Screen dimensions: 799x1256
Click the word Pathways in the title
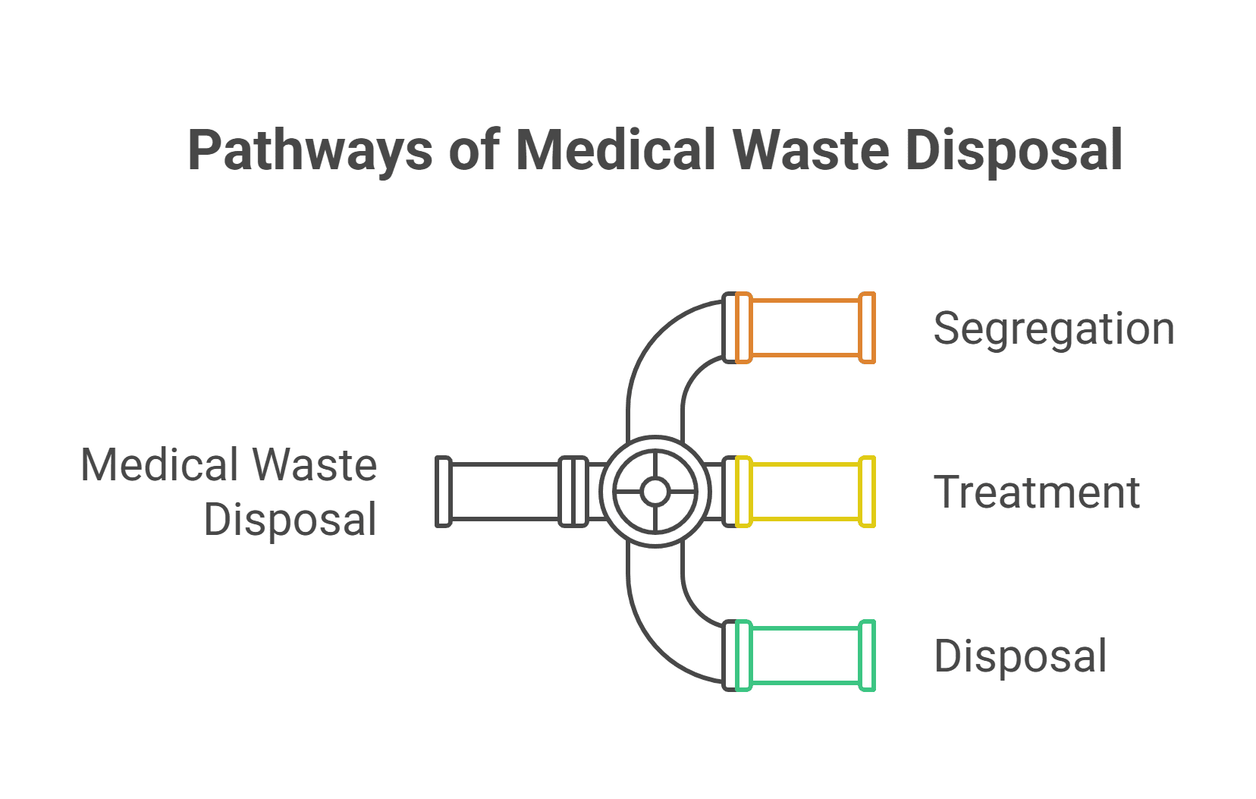tap(309, 151)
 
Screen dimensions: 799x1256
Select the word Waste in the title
tap(810, 149)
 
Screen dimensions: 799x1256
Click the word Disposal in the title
tap(1014, 151)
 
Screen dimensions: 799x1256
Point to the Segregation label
tap(1053, 329)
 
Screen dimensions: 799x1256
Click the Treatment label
tap(1036, 492)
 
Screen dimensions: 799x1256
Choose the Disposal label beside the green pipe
tap(1020, 656)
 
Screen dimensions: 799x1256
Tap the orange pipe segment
tap(805, 328)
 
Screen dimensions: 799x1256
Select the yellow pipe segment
tap(805, 492)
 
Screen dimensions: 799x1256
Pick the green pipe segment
tap(805, 656)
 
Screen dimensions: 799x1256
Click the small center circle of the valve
tap(655, 492)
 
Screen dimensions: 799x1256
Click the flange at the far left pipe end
tap(444, 492)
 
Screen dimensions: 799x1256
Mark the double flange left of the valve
tap(573, 492)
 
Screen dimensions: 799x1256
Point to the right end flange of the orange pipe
tap(867, 328)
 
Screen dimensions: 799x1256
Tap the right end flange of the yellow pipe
tap(867, 492)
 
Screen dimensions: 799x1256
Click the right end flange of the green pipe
tap(867, 656)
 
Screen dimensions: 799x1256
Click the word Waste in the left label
tap(314, 465)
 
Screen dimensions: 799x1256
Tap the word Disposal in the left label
tap(290, 520)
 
